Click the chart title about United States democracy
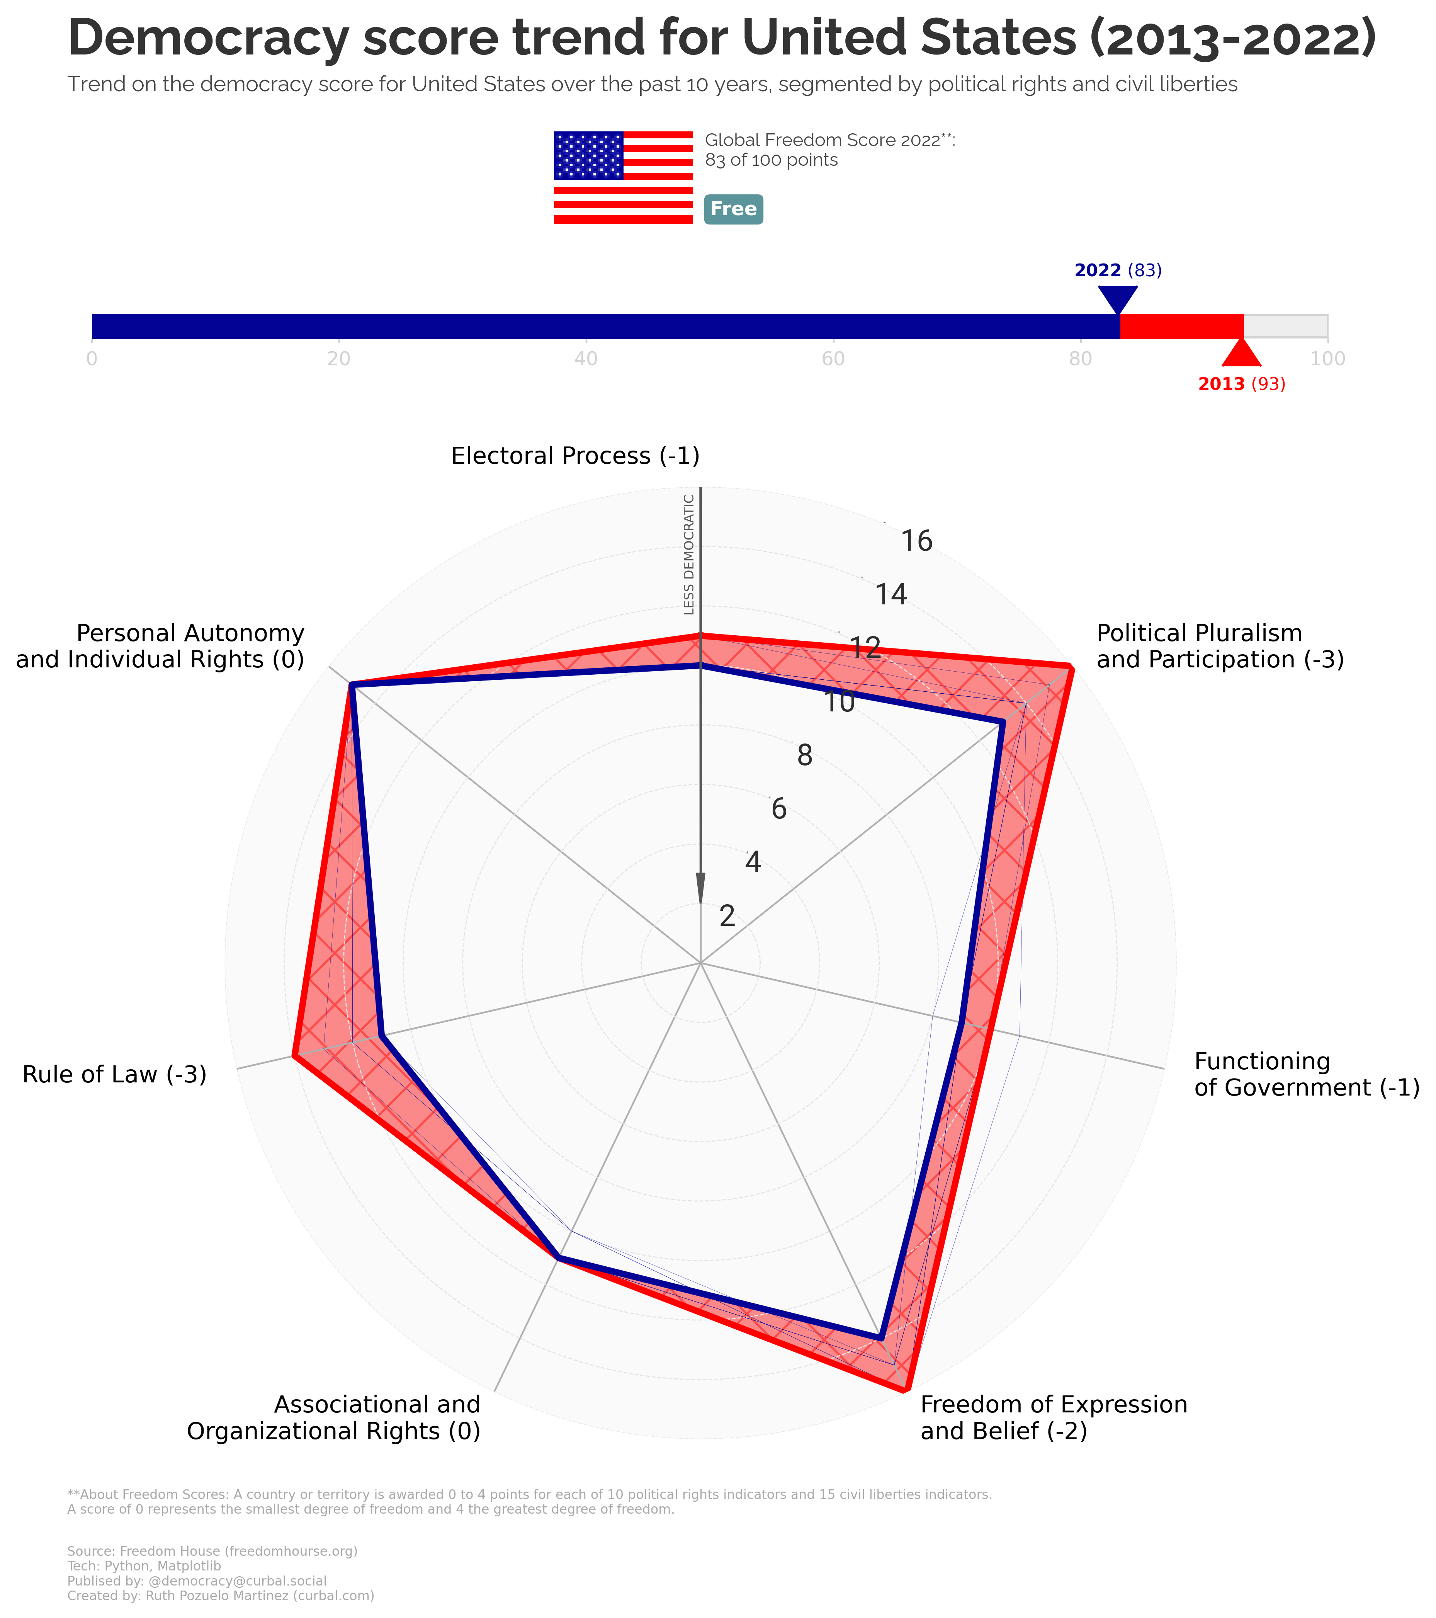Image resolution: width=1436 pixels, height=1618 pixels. [x=722, y=38]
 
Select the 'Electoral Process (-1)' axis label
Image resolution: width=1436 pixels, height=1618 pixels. [x=575, y=456]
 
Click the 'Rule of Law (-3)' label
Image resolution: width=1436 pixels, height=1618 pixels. [x=115, y=1074]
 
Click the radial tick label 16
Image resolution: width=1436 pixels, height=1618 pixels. [x=916, y=541]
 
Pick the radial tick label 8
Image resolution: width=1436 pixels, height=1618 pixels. [x=804, y=756]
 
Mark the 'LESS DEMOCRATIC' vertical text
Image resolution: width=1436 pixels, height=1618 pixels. [x=689, y=554]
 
